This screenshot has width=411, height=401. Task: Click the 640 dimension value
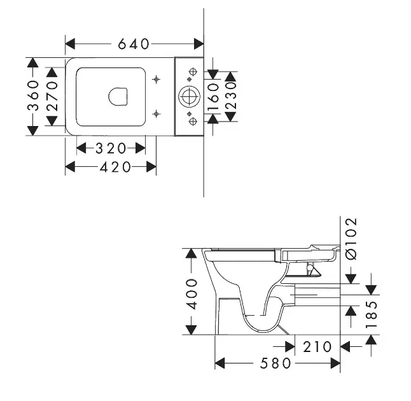tap(134, 44)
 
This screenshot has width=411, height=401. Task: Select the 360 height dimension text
tap(33, 95)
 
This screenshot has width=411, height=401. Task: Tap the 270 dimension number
tap(52, 96)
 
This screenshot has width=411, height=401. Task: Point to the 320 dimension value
tap(111, 148)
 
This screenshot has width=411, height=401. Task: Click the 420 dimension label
tap(115, 167)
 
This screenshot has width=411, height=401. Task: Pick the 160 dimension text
tap(213, 97)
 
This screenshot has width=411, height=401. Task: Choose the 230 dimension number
tap(231, 95)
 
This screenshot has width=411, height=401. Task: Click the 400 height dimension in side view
tap(192, 294)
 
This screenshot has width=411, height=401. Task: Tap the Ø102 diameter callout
tap(351, 239)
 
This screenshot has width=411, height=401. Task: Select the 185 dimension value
tap(372, 314)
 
